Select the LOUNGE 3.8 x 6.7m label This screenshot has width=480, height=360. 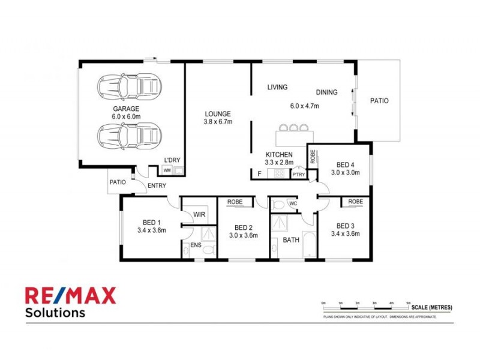pyautogui.click(x=217, y=117)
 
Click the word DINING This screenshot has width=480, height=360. pyautogui.click(x=326, y=92)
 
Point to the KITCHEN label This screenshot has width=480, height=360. pyautogui.click(x=278, y=154)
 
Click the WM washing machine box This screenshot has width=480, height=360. pyautogui.click(x=167, y=170)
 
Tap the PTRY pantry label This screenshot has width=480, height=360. pyautogui.click(x=298, y=175)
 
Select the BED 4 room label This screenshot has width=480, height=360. pyautogui.click(x=345, y=164)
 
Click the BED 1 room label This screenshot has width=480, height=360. pyautogui.click(x=151, y=221)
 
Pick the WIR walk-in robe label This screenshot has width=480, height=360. pyautogui.click(x=199, y=213)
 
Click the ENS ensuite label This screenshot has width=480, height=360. pyautogui.click(x=196, y=245)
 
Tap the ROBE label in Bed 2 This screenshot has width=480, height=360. pyautogui.click(x=235, y=202)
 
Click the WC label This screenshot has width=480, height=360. pyautogui.click(x=293, y=203)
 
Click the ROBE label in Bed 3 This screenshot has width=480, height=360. pyautogui.click(x=355, y=202)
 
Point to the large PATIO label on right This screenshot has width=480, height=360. pyautogui.click(x=379, y=101)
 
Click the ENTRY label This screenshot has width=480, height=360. pyautogui.click(x=157, y=185)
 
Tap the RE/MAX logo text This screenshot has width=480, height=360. pyautogui.click(x=70, y=295)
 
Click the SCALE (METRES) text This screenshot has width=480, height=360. pyautogui.click(x=432, y=307)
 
